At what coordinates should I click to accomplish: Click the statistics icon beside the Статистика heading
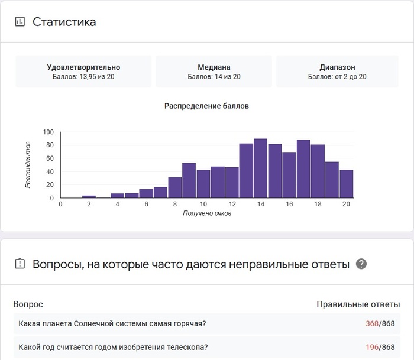pos(20,22)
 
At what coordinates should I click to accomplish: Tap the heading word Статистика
pos(64,22)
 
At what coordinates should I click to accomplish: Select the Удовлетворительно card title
pos(83,67)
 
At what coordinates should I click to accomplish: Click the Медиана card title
pos(214,67)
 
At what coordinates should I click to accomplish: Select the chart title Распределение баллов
pos(206,106)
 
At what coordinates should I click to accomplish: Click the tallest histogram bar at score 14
pos(261,168)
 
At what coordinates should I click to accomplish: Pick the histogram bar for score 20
pos(347,184)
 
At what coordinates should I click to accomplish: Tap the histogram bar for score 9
pos(189,180)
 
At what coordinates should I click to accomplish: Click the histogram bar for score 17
pos(303,169)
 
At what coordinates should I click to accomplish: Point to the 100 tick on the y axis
pos(48,132)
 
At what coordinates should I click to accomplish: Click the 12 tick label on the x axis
pos(232,205)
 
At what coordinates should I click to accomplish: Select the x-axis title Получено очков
pos(206,213)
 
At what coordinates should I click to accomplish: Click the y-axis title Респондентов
pos(28,165)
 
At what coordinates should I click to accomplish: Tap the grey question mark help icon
pos(361,264)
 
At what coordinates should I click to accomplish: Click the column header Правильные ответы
pos(358,304)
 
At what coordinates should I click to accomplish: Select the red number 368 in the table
pos(372,323)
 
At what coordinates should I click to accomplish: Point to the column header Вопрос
pos(28,304)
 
